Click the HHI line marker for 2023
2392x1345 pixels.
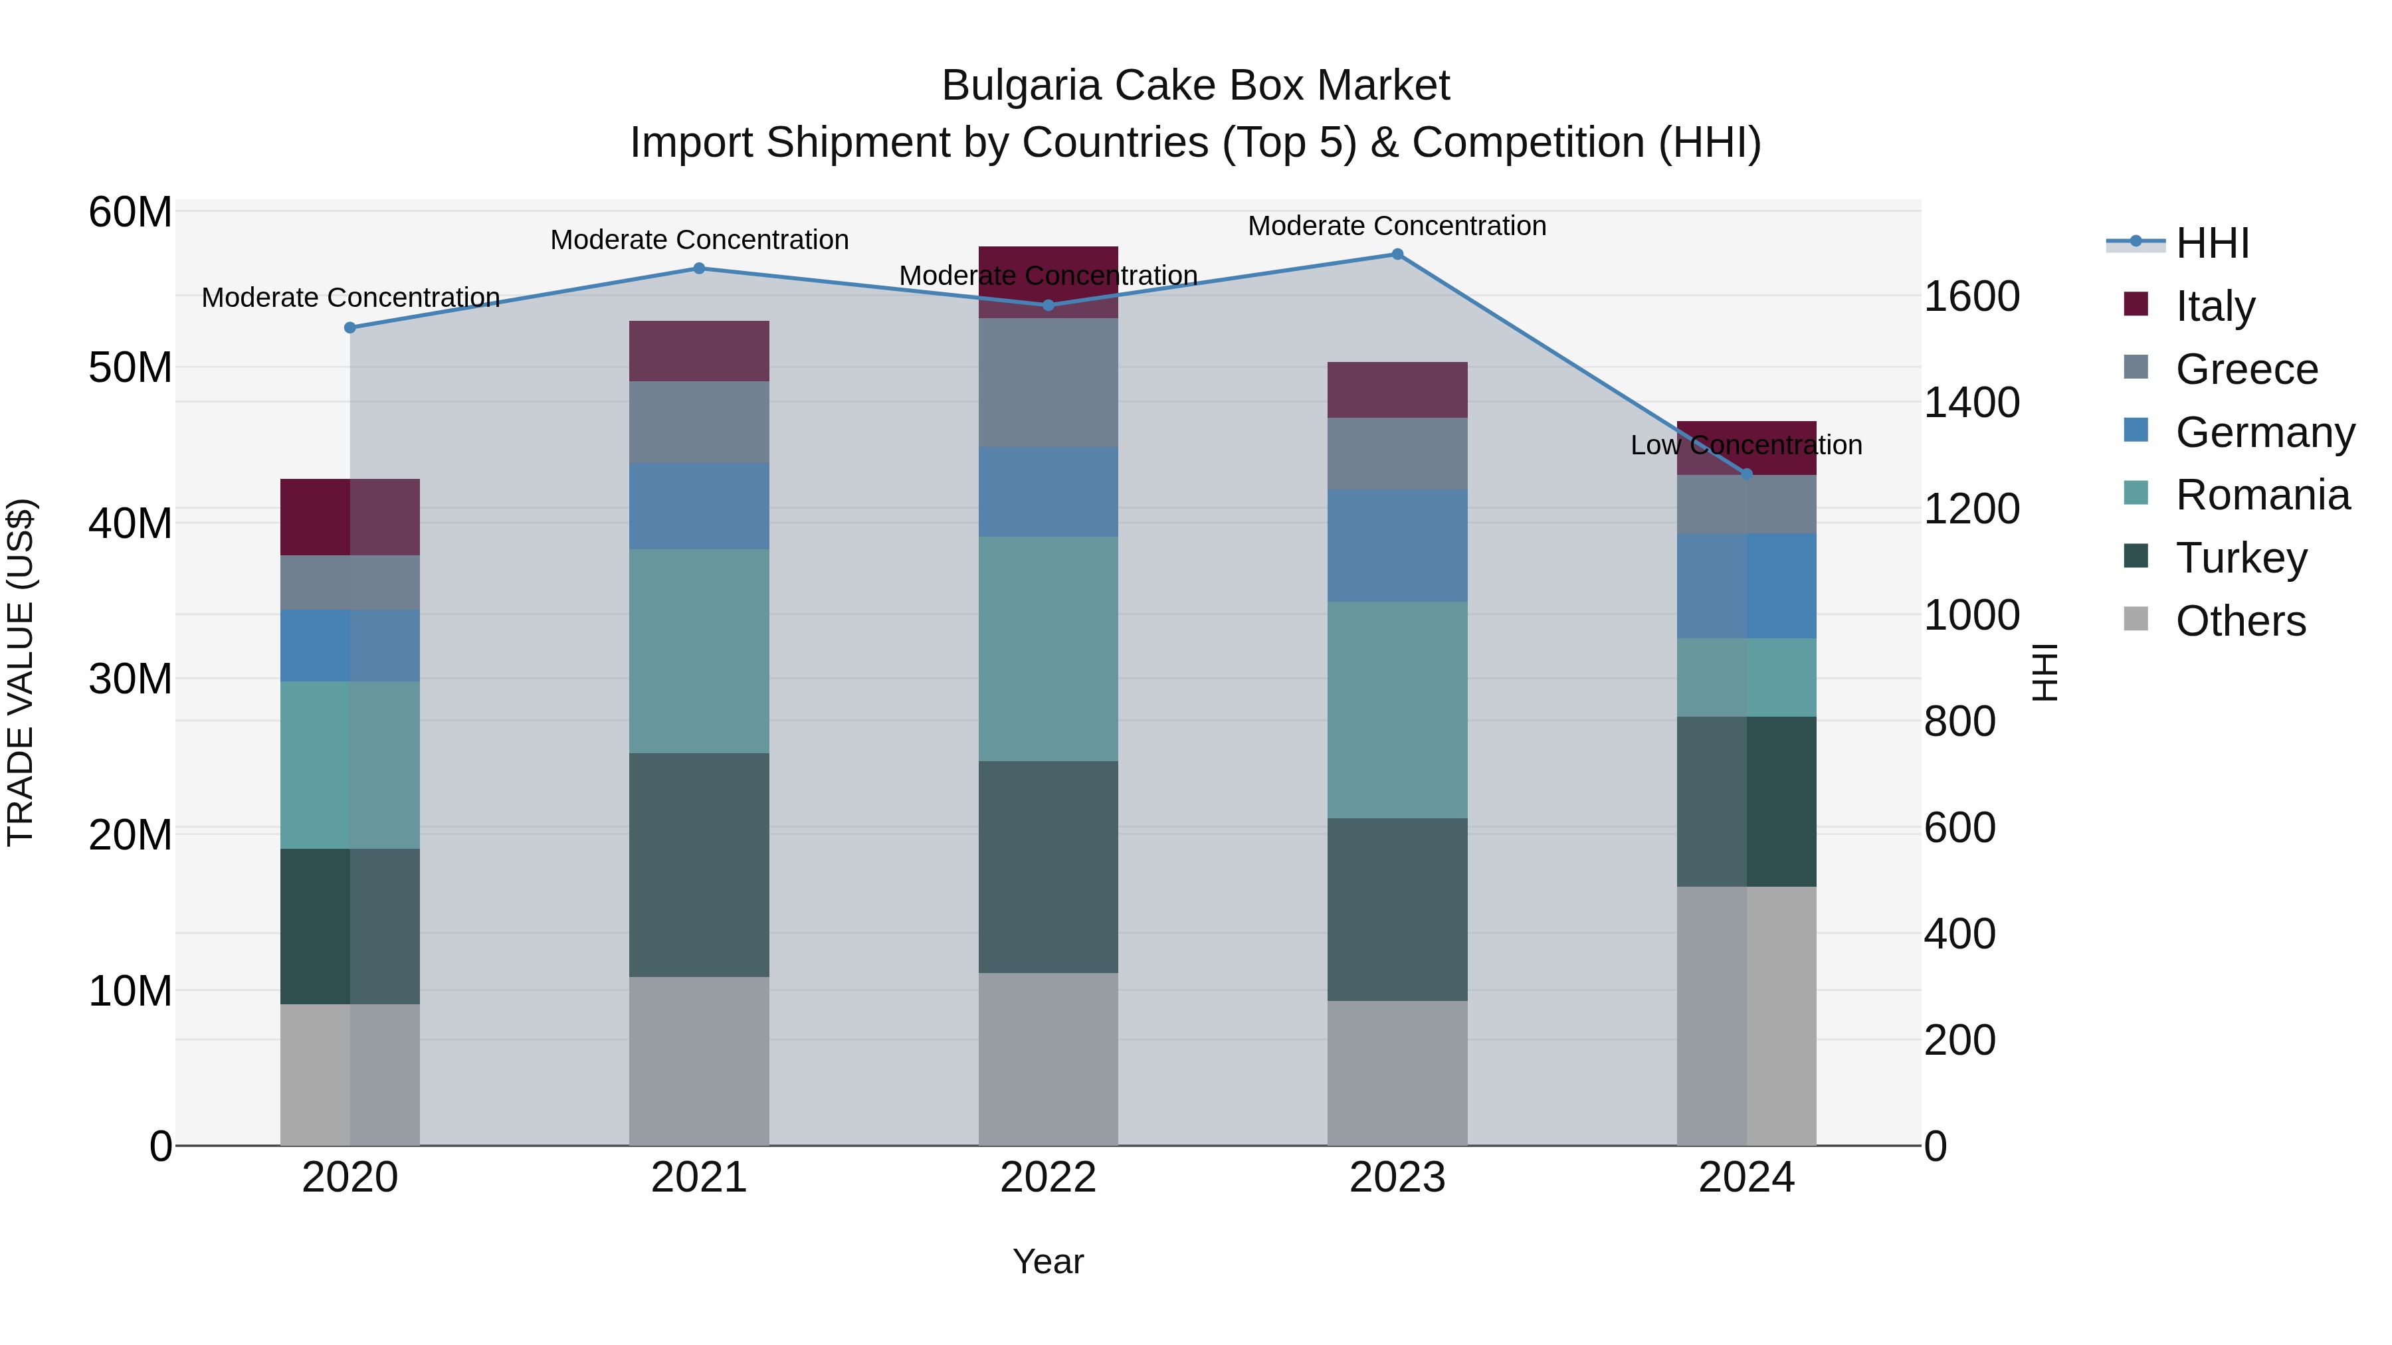click(x=1397, y=254)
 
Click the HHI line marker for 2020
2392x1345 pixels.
click(x=350, y=327)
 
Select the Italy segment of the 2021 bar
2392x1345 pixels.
click(x=699, y=351)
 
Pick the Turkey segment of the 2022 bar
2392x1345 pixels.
click(x=1048, y=867)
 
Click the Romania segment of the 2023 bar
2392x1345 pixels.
click(x=1397, y=710)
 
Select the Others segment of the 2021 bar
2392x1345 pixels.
click(x=699, y=1061)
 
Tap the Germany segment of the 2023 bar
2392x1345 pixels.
click(x=1397, y=546)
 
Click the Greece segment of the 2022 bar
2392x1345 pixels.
click(x=1048, y=383)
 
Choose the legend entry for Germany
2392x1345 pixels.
click(x=2264, y=432)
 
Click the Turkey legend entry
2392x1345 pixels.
click(x=2241, y=558)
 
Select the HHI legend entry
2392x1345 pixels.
click(x=2212, y=243)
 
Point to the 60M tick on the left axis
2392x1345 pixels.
click(x=130, y=213)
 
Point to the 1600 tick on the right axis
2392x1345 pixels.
click(x=1971, y=297)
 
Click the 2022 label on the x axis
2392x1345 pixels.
click(x=1048, y=1178)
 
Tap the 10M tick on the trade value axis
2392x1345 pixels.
click(x=130, y=992)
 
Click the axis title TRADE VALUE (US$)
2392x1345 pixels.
click(x=21, y=673)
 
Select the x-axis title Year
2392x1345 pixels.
click(x=1048, y=1261)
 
